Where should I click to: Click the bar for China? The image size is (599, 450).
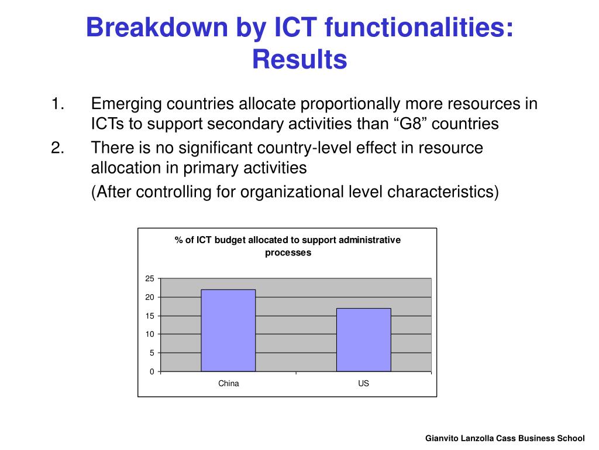click(228, 330)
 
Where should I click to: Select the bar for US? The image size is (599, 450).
click(363, 340)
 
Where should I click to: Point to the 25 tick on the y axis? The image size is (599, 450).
click(150, 278)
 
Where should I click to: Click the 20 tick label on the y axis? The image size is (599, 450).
click(150, 297)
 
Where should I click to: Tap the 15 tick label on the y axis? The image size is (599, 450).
click(150, 316)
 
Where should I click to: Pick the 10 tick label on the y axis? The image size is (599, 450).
click(150, 334)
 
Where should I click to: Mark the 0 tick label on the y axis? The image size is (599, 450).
click(152, 371)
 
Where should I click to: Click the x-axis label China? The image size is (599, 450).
click(228, 384)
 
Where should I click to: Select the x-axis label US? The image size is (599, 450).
click(363, 384)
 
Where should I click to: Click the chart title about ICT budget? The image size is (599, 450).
click(288, 246)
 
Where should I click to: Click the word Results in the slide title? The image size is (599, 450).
click(299, 59)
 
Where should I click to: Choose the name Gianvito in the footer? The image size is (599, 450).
click(443, 438)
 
